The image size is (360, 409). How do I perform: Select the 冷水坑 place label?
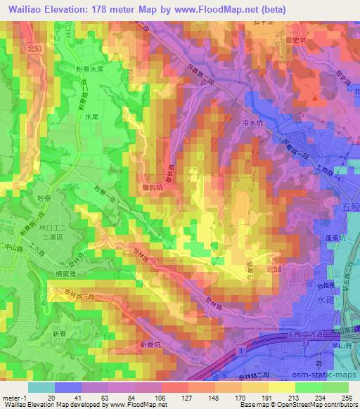tap(251, 122)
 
